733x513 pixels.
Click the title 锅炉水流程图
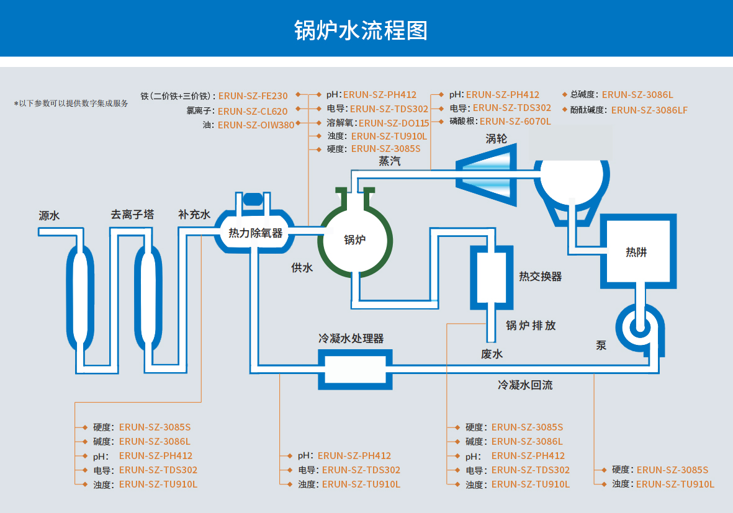tap(361, 30)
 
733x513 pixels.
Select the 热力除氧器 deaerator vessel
tap(255, 233)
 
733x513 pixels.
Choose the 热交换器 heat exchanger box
tap(491, 277)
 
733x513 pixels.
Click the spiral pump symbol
tap(639, 326)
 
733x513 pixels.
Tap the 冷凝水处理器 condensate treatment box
tap(355, 370)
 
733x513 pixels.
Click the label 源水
tap(49, 216)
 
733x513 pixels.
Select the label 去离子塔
tap(132, 215)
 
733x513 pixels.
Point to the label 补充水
tap(194, 215)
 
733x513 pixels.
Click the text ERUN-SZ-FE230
tap(253, 96)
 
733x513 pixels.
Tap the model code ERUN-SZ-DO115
tap(393, 123)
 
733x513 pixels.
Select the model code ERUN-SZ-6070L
tap(515, 122)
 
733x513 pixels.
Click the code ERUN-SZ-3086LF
tap(649, 110)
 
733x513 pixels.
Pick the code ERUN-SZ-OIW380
tap(256, 125)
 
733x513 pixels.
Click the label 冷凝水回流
tap(524, 385)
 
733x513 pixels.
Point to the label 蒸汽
tap(390, 161)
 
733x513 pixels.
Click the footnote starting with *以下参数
tap(71, 104)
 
